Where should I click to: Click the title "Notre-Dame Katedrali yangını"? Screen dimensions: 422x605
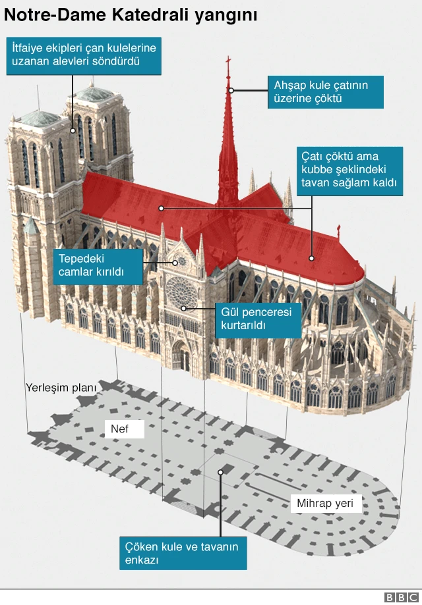(131, 15)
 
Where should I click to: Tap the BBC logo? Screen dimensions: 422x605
(402, 597)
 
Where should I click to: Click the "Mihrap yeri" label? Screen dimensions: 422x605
(325, 503)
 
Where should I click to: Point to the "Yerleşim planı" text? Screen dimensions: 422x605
(61, 387)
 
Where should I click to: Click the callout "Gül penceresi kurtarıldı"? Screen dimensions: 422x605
(258, 319)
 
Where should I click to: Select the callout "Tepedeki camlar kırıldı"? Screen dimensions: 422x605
(98, 267)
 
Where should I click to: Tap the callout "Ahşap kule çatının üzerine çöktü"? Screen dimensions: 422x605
(325, 92)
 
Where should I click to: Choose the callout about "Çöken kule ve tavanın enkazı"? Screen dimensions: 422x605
(183, 553)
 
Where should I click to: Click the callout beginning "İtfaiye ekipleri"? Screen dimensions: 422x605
(84, 55)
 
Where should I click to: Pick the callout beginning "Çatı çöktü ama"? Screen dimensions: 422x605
(349, 171)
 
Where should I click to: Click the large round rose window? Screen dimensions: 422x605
(181, 292)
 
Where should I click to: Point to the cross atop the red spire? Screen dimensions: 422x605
(228, 61)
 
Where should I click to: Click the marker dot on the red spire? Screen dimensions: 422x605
(231, 90)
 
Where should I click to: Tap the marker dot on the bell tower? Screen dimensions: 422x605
(73, 131)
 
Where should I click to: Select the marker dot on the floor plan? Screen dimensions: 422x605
(220, 472)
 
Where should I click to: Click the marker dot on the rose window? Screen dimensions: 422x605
(183, 308)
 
